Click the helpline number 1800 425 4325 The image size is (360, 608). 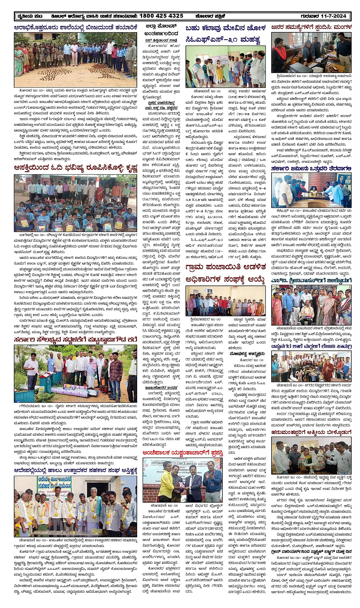[161, 16]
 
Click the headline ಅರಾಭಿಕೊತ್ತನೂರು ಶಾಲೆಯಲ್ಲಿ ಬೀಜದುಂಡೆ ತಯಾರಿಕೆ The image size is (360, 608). [75, 27]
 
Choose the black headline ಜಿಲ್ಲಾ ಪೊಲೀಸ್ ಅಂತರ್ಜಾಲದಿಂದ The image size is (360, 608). [162, 30]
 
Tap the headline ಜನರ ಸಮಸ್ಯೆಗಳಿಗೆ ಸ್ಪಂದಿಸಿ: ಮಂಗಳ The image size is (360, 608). [311, 27]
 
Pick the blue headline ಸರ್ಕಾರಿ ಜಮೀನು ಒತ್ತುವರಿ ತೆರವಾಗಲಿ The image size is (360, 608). [311, 168]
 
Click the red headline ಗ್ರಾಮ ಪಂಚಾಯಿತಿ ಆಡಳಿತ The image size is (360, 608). [225, 268]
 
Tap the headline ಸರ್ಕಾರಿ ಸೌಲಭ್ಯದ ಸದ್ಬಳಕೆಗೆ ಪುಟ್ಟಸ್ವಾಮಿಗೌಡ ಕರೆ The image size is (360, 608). [75, 340]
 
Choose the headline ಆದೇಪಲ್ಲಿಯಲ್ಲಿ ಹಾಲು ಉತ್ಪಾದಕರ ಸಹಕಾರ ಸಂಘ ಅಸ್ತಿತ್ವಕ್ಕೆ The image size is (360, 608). [75, 471]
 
